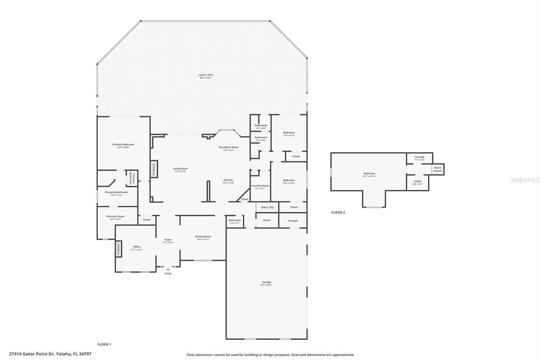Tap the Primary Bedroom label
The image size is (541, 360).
click(123, 145)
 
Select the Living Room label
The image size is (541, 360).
click(180, 169)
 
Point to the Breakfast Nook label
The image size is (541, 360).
click(228, 147)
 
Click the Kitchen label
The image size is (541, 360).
click(228, 180)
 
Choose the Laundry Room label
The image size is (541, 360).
click(260, 186)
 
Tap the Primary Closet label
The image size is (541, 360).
click(115, 216)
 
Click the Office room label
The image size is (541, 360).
click(137, 247)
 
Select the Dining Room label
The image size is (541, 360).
click(203, 236)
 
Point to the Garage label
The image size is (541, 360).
click(266, 282)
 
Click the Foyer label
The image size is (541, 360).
click(168, 240)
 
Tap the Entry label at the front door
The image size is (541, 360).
click(168, 273)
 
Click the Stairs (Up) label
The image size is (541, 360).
click(267, 207)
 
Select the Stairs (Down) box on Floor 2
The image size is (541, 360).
click(438, 169)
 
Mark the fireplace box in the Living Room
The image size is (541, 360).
click(154, 169)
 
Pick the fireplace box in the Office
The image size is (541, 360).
click(119, 249)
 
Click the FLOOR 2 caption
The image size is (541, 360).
click(338, 213)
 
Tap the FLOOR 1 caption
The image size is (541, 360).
click(104, 344)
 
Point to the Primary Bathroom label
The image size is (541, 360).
click(117, 193)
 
